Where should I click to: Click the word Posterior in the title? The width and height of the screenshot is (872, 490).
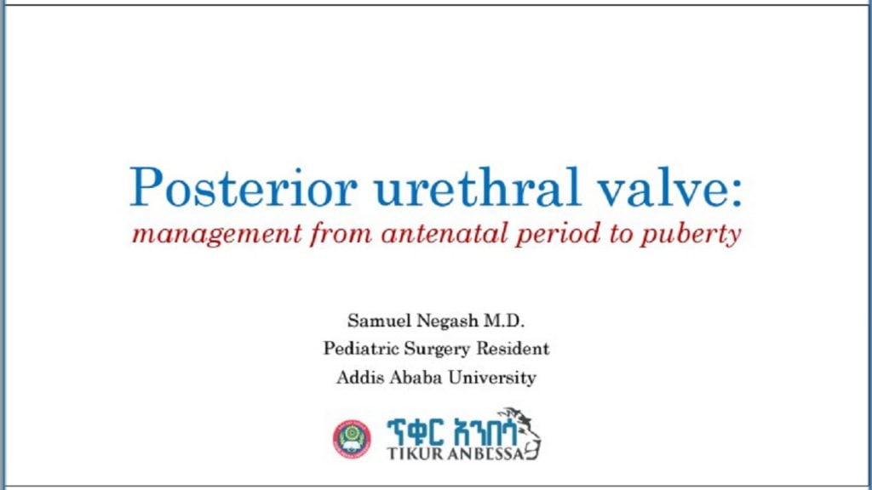click(x=243, y=187)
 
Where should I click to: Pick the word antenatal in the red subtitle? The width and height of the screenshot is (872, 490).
click(x=445, y=234)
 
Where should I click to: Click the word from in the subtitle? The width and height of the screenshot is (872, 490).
click(x=341, y=234)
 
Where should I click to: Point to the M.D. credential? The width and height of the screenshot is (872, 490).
click(x=504, y=321)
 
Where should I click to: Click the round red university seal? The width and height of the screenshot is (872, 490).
click(x=352, y=439)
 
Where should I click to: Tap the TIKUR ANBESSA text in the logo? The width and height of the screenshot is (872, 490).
click(x=456, y=453)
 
